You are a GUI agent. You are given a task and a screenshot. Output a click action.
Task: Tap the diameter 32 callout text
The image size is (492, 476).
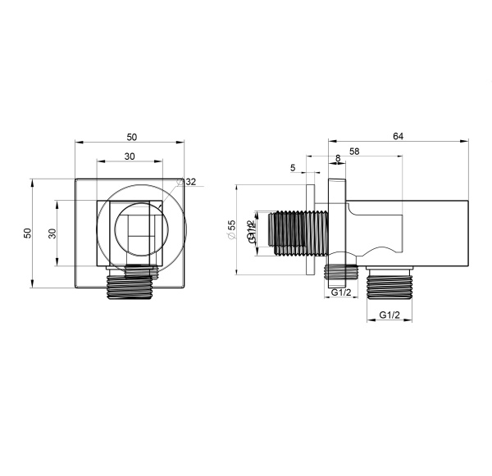pos(190,182)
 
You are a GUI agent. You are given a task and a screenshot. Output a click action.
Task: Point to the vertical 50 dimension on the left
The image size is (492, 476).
pos(28,233)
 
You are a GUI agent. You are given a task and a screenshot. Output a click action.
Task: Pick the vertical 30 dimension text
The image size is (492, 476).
pos(52,233)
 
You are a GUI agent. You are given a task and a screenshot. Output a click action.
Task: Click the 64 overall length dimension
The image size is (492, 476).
pos(398,136)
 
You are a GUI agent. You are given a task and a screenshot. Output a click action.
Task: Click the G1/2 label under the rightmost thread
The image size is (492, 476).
pos(389,315)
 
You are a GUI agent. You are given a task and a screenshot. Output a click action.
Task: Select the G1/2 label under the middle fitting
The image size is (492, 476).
pos(341,292)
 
